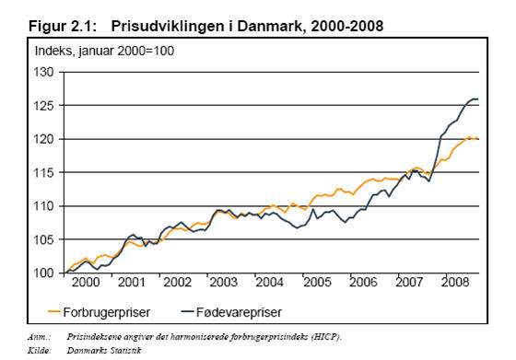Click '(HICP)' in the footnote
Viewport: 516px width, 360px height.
point(324,337)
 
